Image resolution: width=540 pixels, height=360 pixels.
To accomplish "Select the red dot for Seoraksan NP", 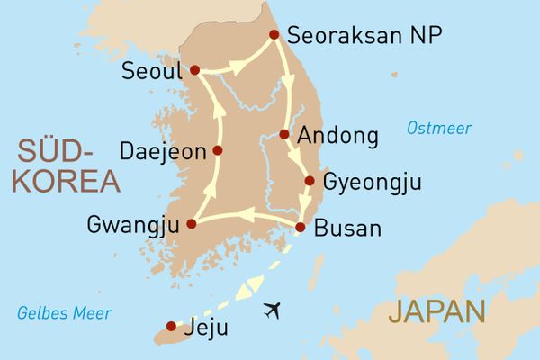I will [x=274, y=37].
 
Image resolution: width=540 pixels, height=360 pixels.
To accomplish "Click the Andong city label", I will [x=337, y=137].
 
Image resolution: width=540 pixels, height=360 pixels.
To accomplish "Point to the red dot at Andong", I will [x=284, y=135].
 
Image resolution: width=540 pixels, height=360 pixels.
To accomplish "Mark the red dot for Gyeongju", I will [x=310, y=181].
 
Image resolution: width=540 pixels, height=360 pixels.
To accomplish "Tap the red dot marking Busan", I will [x=301, y=227].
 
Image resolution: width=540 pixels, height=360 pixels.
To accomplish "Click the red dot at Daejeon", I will [x=217, y=150].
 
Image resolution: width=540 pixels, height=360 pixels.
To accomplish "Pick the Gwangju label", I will [x=131, y=224].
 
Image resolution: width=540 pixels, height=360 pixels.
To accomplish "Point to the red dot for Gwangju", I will [x=191, y=223].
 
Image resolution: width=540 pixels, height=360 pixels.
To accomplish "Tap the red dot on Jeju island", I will [x=171, y=326].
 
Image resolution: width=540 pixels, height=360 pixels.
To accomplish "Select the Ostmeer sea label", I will [x=438, y=129].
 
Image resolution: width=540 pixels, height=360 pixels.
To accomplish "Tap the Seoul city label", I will [x=150, y=70].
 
